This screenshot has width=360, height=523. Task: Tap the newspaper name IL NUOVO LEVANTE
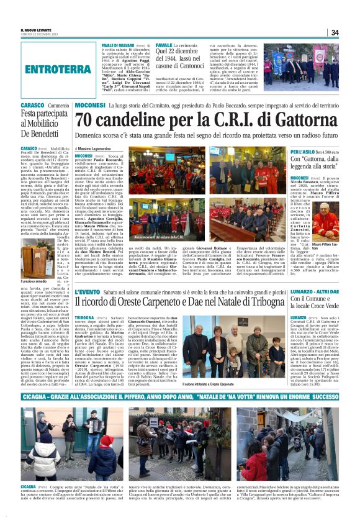(x=36, y=29)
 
